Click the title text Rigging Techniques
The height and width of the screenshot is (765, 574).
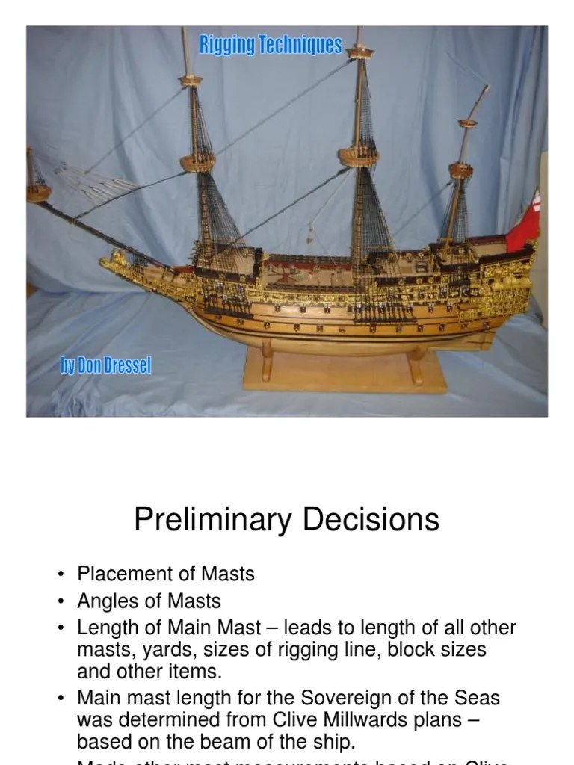pos(270,46)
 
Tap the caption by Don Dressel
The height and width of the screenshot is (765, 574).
pos(105,366)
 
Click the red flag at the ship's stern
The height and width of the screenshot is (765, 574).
pos(524,224)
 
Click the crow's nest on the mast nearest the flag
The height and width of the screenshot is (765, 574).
pos(461,171)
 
